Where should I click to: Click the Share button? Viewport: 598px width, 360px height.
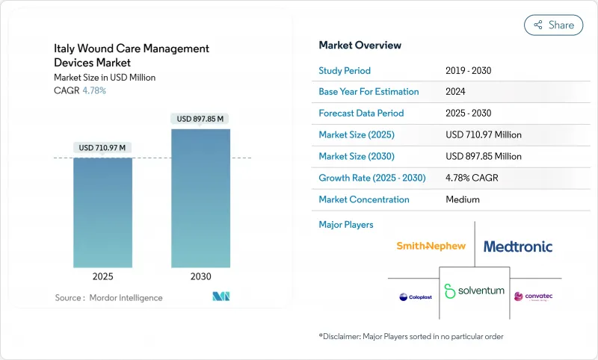click(554, 25)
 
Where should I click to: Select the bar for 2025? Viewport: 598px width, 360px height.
click(103, 212)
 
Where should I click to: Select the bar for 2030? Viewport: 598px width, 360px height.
click(200, 198)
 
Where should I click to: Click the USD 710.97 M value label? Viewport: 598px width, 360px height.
click(103, 148)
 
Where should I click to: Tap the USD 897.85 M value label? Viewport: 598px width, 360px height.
click(200, 119)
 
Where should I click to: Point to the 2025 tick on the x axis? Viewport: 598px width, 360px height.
click(103, 276)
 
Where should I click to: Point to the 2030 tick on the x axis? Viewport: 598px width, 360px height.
click(200, 276)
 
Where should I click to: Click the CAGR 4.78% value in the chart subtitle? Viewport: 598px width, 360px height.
click(93, 90)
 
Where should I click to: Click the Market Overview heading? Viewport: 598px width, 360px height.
click(360, 46)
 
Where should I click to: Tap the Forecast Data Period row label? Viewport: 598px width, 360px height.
click(361, 114)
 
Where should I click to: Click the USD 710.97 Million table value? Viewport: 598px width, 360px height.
click(483, 135)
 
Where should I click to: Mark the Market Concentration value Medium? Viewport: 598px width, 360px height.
click(463, 199)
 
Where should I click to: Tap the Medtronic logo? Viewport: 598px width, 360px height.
click(518, 246)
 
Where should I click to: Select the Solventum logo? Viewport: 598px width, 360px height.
click(474, 291)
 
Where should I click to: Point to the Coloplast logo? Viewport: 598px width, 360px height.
click(415, 297)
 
